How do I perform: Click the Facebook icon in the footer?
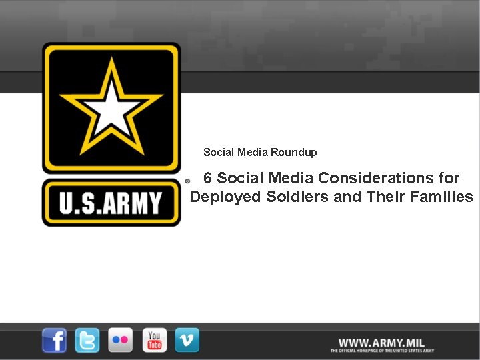point(55,340)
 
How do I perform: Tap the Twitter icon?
point(87,340)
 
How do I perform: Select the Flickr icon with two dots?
point(121,340)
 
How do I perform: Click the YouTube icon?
point(154,340)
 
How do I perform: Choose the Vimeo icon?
point(187,340)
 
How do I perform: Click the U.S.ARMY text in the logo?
point(111,203)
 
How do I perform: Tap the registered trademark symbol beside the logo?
point(187,181)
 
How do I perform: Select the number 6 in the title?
point(208,178)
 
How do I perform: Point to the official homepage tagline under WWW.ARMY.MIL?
point(382,350)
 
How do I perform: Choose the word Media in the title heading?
point(291,178)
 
